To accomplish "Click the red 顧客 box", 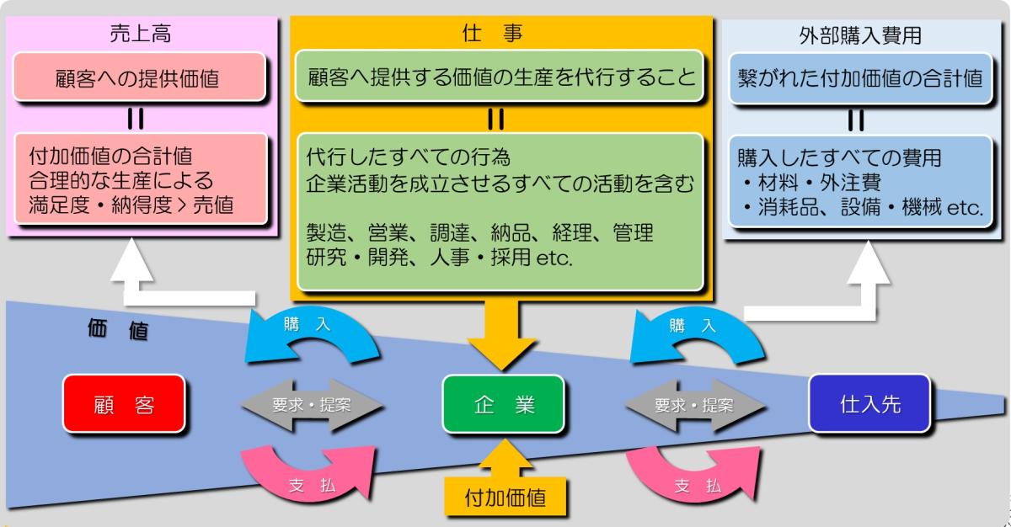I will click(124, 404).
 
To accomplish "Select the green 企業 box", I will click(504, 404).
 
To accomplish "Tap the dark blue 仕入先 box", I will click(870, 403).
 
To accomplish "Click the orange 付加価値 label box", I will click(505, 497).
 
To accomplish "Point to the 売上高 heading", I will click(139, 36).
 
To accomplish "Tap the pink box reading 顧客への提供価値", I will click(140, 79).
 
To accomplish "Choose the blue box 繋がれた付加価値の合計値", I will click(857, 79).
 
